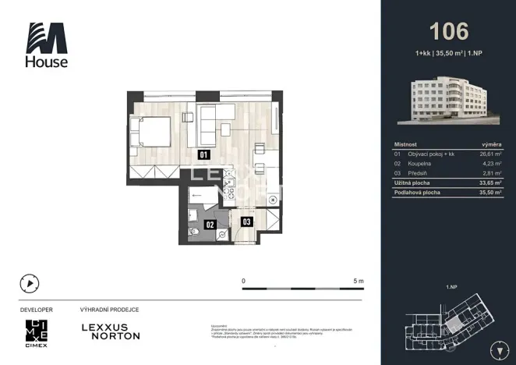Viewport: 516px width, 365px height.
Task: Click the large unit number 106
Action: pos(449,31)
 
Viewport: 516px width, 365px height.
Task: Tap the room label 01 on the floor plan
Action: pos(203,154)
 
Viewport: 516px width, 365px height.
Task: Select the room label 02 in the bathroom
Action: pos(210,225)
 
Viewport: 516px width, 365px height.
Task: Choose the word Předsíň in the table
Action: pos(418,173)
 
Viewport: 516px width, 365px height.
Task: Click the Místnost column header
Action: pos(406,144)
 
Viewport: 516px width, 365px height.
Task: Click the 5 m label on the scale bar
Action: pos(359,280)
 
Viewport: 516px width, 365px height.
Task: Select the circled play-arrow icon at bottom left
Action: pos(30,284)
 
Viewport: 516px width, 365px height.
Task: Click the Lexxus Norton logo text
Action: pos(111,331)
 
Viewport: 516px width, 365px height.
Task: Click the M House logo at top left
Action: pos(48,44)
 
